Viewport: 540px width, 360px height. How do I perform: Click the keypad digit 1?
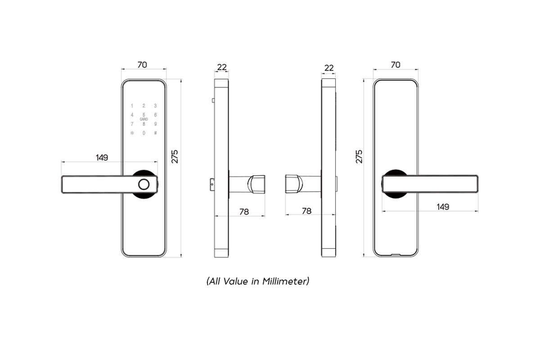click(132, 106)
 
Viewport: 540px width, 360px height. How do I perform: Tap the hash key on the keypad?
click(155, 133)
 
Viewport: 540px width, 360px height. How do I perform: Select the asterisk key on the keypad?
click(132, 133)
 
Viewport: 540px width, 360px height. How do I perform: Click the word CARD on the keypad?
click(144, 119)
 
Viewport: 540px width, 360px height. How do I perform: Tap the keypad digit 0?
click(144, 133)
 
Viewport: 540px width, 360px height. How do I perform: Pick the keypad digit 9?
click(155, 124)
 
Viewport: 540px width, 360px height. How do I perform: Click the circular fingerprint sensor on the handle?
click(144, 184)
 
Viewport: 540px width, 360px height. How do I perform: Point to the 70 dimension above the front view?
click(142, 65)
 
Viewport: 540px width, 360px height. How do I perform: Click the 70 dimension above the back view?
click(395, 65)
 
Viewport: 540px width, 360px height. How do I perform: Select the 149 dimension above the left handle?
click(102, 157)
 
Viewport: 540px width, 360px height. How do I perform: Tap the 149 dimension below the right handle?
click(443, 207)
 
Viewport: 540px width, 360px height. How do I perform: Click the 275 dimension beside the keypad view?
click(175, 156)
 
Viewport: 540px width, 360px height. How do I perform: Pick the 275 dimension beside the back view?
click(359, 156)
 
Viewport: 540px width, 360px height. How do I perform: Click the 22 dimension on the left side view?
click(222, 67)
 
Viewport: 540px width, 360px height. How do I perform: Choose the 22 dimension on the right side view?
click(329, 67)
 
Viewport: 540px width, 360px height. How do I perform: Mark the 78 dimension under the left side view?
click(243, 211)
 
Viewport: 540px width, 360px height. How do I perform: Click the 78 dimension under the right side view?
click(306, 211)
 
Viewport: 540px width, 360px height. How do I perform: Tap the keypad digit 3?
click(155, 106)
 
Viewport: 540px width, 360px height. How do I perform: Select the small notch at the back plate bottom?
click(396, 255)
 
